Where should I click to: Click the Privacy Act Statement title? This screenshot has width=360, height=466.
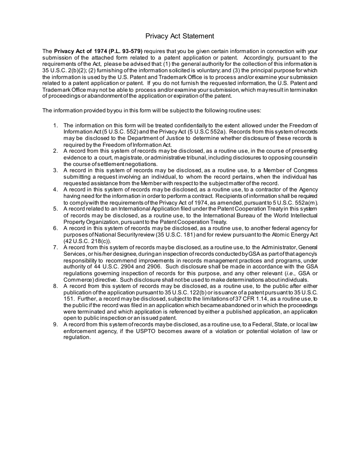coord(180,36)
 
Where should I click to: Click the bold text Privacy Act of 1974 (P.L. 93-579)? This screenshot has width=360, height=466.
coord(99,51)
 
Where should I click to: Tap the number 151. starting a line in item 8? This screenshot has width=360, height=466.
coord(69,299)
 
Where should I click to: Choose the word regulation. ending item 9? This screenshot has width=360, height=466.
coord(77,338)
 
